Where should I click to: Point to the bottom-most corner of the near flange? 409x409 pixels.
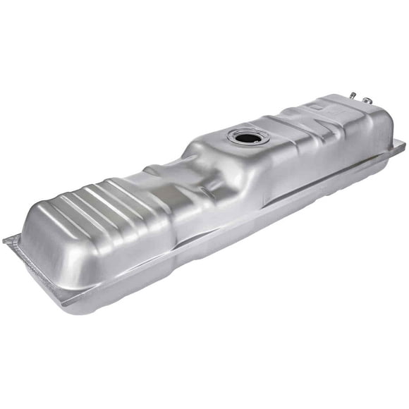point(67,305)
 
